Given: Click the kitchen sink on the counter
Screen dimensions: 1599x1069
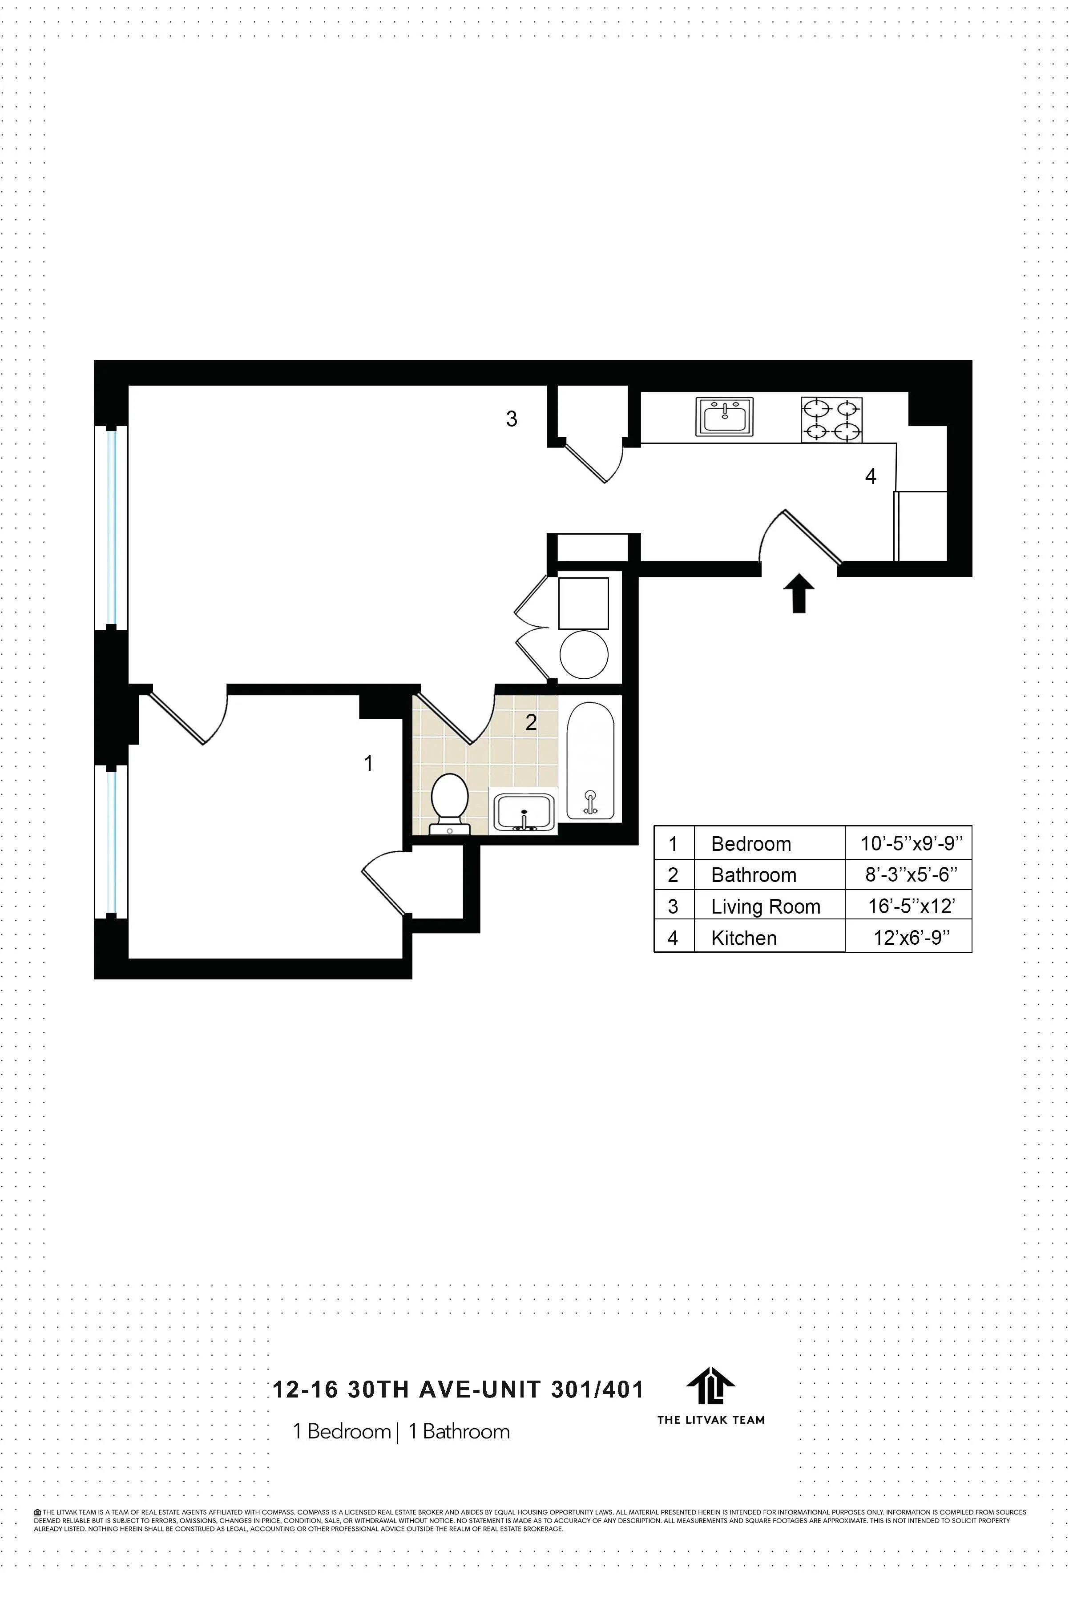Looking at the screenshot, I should click(x=724, y=416).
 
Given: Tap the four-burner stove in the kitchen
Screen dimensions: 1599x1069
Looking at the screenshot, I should click(x=831, y=420).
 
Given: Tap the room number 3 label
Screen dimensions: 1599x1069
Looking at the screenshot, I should click(x=511, y=419).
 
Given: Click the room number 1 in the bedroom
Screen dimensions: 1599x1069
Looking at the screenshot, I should click(x=368, y=763).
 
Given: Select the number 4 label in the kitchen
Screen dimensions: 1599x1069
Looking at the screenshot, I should click(x=870, y=476).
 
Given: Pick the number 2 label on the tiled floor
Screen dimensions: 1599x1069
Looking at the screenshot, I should click(x=530, y=722).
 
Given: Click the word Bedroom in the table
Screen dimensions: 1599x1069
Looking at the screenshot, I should click(x=750, y=844).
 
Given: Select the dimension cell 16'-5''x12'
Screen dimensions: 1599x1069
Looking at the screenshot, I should click(x=911, y=906).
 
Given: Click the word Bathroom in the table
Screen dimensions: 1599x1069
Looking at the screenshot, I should click(x=753, y=875).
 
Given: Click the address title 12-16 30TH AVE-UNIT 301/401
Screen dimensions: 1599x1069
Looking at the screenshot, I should click(x=457, y=1389).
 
